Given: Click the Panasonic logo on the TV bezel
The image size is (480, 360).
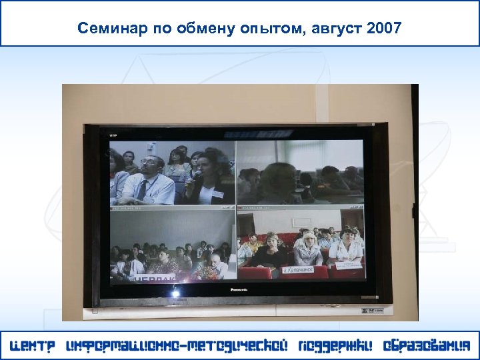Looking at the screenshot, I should click(x=239, y=290).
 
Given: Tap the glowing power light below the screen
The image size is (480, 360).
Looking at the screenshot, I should click(x=176, y=293).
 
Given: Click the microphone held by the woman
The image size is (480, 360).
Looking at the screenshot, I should click(x=197, y=175).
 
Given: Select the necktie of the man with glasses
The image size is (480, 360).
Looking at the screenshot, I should click(x=142, y=191).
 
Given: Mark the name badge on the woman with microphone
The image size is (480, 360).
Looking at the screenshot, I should click(x=218, y=194).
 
